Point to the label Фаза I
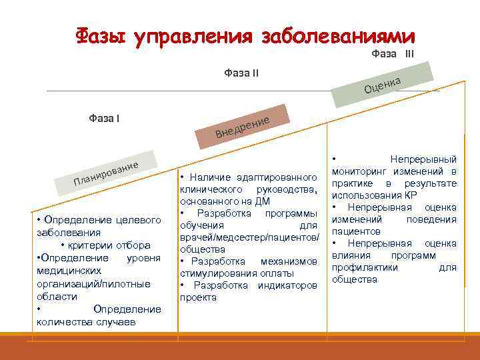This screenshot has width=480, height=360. (x=104, y=119)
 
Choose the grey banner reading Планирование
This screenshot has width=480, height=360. (x=107, y=172)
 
